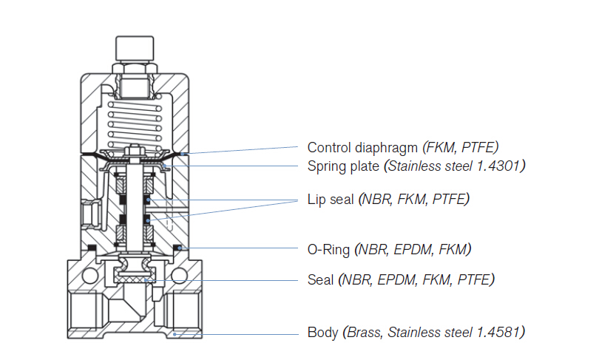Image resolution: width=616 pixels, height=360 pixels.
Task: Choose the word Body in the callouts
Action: (323, 332)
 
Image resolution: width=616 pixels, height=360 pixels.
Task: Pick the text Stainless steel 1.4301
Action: (455, 166)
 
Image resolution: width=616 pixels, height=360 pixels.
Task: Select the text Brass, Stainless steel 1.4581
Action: (434, 332)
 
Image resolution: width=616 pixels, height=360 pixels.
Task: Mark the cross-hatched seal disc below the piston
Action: (133, 277)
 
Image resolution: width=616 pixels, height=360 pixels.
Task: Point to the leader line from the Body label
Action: (244, 333)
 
